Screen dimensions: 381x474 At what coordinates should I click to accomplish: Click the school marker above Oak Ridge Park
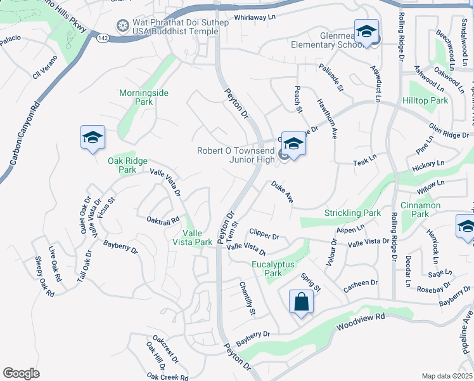(x=93, y=137)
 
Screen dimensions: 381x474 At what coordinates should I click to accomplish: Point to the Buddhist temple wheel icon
(x=123, y=25)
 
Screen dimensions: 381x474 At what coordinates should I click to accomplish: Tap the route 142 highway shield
(x=103, y=38)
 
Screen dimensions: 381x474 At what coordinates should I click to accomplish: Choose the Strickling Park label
(x=353, y=213)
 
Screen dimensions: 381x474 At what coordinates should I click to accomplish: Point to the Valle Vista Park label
(x=193, y=237)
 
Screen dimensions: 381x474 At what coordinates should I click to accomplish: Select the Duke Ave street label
(x=282, y=192)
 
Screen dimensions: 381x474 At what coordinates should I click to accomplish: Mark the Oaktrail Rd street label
(x=163, y=220)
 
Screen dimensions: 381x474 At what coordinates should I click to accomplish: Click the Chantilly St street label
(x=247, y=299)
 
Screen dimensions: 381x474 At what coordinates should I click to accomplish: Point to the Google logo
(x=21, y=373)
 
